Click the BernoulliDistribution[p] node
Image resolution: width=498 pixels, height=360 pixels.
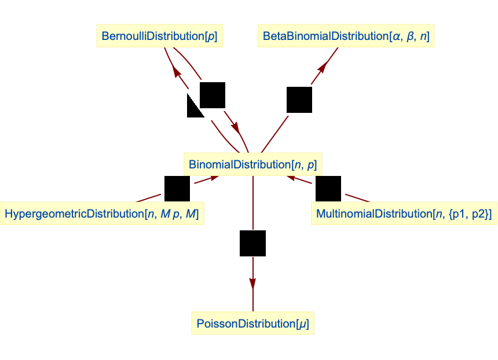pyautogui.click(x=160, y=36)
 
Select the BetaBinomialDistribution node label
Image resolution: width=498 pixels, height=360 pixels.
pyautogui.click(x=346, y=36)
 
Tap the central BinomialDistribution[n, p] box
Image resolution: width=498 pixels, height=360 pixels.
pyautogui.click(x=252, y=164)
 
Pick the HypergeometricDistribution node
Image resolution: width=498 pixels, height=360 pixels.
pyautogui.click(x=102, y=214)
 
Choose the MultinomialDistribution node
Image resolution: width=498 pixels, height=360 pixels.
pyautogui.click(x=404, y=214)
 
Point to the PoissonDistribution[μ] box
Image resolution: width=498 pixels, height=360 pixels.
pyautogui.click(x=252, y=324)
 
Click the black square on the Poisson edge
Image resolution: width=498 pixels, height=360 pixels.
pyautogui.click(x=252, y=243)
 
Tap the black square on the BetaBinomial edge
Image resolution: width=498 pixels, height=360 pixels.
pyautogui.click(x=299, y=100)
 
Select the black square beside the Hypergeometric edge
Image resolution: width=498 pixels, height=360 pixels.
pyautogui.click(x=177, y=189)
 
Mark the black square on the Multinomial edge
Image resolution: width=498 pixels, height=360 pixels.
pyautogui.click(x=328, y=189)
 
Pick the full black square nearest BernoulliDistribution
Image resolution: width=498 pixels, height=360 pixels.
pyautogui.click(x=212, y=95)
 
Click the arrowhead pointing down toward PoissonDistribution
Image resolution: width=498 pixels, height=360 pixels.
pyautogui.click(x=252, y=283)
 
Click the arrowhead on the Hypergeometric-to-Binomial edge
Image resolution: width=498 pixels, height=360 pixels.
pyautogui.click(x=214, y=177)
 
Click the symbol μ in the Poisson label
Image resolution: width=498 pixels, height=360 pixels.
pyautogui.click(x=301, y=324)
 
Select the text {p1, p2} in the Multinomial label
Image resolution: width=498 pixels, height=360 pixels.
pyautogui.click(x=470, y=214)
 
